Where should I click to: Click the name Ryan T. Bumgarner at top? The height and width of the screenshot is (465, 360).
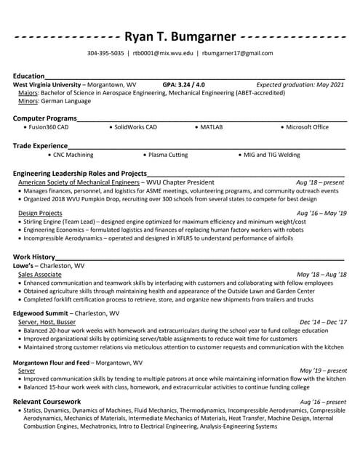[x=180, y=36]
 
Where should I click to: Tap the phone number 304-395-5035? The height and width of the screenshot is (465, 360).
[x=105, y=54]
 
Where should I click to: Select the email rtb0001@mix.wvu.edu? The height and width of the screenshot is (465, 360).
[x=163, y=54]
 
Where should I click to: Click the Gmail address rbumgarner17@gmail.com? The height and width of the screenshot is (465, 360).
[x=238, y=54]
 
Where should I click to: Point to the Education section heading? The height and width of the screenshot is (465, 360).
[x=28, y=76]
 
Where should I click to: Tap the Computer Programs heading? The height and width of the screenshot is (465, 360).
[x=44, y=118]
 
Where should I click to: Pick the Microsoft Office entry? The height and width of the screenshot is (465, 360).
[x=307, y=127]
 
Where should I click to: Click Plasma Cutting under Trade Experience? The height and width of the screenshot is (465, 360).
[x=168, y=155]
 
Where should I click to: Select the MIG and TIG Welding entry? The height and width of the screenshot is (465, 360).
[x=271, y=155]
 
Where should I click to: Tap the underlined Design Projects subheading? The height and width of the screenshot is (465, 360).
[x=40, y=213]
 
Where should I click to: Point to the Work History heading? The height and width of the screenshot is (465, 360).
[x=34, y=256]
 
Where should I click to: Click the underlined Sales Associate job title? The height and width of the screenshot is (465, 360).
[x=39, y=275]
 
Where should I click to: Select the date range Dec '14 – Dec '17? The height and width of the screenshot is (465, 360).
[x=323, y=322]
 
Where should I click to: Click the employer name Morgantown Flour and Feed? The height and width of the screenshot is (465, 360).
[x=51, y=362]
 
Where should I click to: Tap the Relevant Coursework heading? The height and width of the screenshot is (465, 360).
[x=47, y=402]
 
